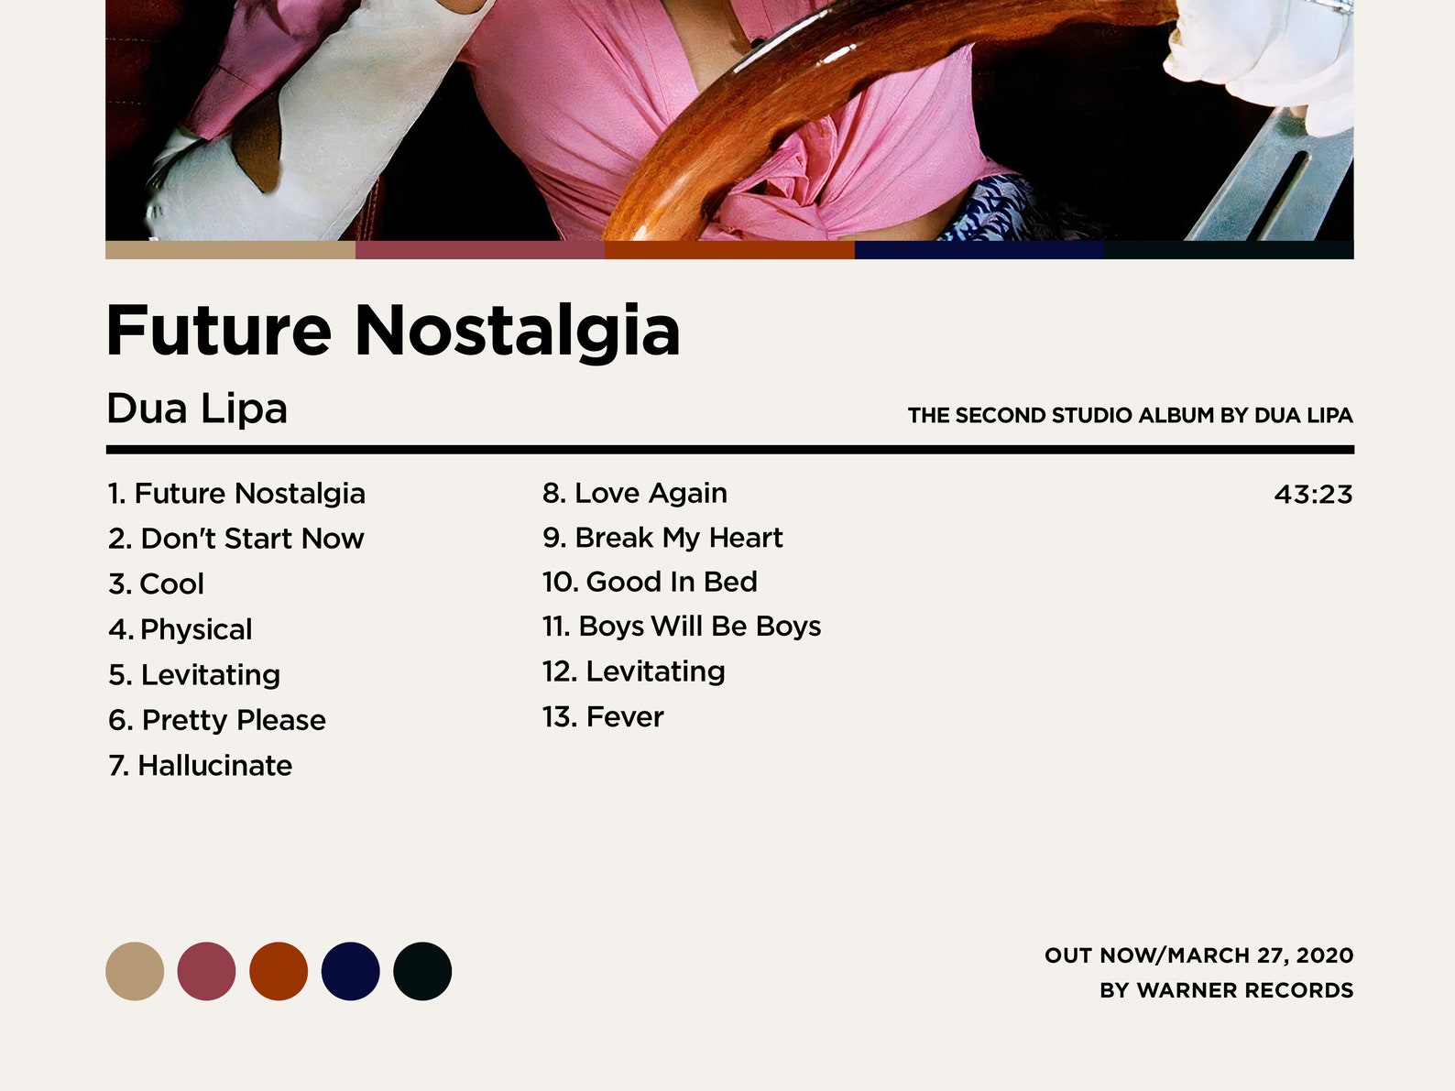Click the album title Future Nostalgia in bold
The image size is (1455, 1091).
pyautogui.click(x=393, y=330)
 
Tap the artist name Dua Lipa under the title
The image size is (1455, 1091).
pyautogui.click(x=197, y=409)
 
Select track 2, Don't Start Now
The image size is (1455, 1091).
pyautogui.click(x=235, y=539)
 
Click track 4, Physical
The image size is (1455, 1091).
pyautogui.click(x=180, y=629)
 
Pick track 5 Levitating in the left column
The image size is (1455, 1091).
pyautogui.click(x=194, y=675)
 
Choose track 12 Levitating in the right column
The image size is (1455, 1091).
pyautogui.click(x=633, y=671)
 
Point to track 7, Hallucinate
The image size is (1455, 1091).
pyautogui.click(x=200, y=766)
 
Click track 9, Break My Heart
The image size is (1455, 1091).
pyautogui.click(x=662, y=538)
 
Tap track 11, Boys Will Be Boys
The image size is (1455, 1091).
pyautogui.click(x=681, y=627)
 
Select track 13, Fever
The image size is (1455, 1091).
pyautogui.click(x=602, y=717)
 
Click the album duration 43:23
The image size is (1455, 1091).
pyautogui.click(x=1313, y=495)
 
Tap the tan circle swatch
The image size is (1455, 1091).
pyautogui.click(x=135, y=971)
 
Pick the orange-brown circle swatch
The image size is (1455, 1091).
pyautogui.click(x=279, y=971)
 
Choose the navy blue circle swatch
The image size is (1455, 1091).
pyautogui.click(x=350, y=971)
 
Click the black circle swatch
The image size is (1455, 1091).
pyautogui.click(x=422, y=971)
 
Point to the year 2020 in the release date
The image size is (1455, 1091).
pyautogui.click(x=1325, y=955)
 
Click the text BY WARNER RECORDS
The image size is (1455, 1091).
pyautogui.click(x=1226, y=990)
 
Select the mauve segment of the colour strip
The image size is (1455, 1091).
pyautogui.click(x=480, y=250)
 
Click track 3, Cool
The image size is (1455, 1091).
pyautogui.click(x=156, y=584)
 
